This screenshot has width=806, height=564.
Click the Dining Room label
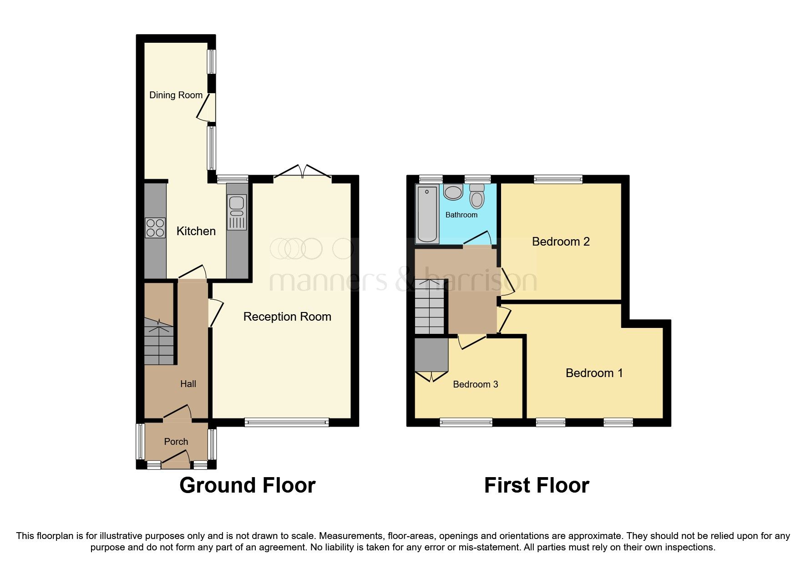pos(176,95)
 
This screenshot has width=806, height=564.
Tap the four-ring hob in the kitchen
pos(155,228)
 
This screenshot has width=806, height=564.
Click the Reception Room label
pos(287,317)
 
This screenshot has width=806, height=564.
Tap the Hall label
pos(188,384)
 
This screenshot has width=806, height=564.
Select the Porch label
pos(176,442)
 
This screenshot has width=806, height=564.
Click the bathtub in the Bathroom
pos(427,214)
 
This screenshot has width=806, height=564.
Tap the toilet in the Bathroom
pos(477,196)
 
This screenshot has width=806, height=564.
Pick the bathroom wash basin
pos(453,192)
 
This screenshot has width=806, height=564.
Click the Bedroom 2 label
pos(561,242)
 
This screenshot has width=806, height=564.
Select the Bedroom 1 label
pos(594,373)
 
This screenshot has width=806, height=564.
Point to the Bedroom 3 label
pos(475,384)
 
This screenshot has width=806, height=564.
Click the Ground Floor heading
pos(247,485)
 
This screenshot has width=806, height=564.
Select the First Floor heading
pos(536,485)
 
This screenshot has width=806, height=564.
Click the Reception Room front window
pos(286,423)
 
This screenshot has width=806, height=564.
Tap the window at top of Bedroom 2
pos(558,179)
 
